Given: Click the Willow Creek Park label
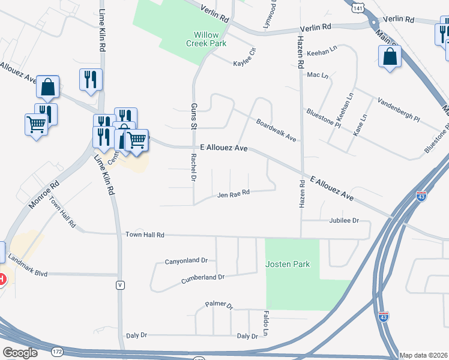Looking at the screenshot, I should point(206,39).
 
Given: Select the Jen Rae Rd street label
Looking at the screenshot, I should point(233,194).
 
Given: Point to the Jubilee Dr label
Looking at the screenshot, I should point(343,221).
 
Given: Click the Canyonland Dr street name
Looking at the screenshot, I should point(186,261).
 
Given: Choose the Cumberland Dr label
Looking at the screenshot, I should point(202,278).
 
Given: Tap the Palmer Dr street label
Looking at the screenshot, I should point(218,305).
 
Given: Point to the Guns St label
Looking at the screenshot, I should point(193,116).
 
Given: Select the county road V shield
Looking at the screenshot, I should point(121,284).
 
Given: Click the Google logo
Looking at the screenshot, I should point(20,352).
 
